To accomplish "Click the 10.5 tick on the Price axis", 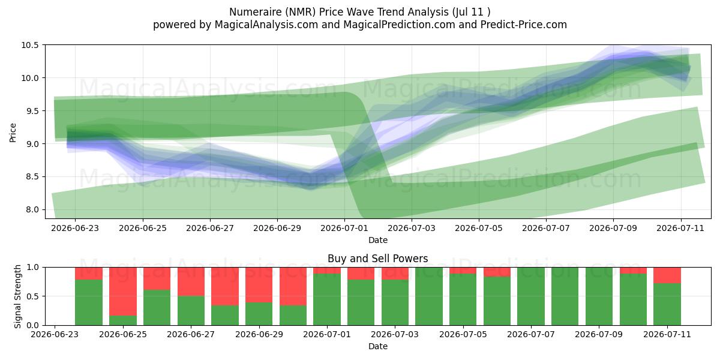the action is (29, 45).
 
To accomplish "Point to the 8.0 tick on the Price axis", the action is (29, 209).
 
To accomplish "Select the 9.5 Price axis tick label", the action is (29, 111).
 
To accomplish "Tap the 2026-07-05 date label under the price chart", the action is (479, 228).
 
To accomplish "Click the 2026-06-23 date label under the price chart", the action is (75, 228).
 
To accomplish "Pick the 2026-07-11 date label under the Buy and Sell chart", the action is (667, 334).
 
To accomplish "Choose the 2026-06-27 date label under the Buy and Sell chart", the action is (191, 334).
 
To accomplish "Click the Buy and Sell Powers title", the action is (377, 259).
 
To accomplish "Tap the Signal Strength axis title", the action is (17, 296).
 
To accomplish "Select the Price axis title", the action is (13, 133).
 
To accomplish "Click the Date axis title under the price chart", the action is (378, 240).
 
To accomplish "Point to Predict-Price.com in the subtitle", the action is (524, 25).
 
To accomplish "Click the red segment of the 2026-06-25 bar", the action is (123, 292).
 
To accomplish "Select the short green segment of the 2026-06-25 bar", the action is (123, 320).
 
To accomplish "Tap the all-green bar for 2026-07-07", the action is (531, 296).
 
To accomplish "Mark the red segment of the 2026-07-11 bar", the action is (667, 275).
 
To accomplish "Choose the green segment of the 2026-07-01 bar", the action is (327, 299).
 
